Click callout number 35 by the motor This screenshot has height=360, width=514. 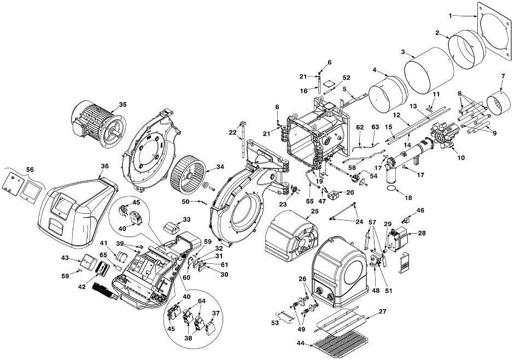point(122,105)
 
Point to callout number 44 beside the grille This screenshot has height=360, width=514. point(301,343)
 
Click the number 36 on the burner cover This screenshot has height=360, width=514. point(104,167)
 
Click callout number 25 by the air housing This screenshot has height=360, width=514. point(314,211)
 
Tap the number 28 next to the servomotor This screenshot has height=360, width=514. point(422,233)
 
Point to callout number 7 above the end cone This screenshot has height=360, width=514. point(503,76)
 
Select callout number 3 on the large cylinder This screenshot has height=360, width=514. point(403,52)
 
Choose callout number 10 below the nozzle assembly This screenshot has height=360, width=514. point(461,158)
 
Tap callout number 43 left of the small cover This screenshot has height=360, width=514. point(65,258)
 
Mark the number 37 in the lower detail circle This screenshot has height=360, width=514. point(215,313)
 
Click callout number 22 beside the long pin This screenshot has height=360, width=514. point(232,132)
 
